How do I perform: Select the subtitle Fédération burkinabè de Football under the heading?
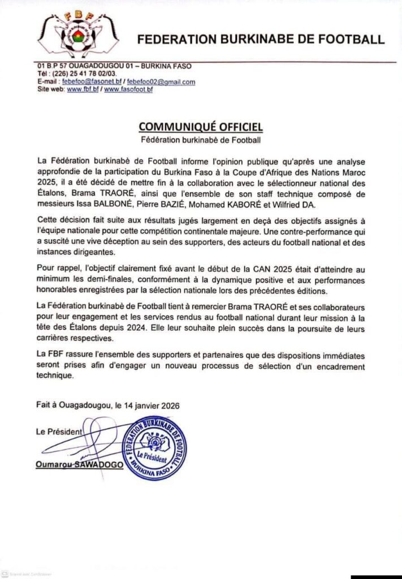click(201, 138)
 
